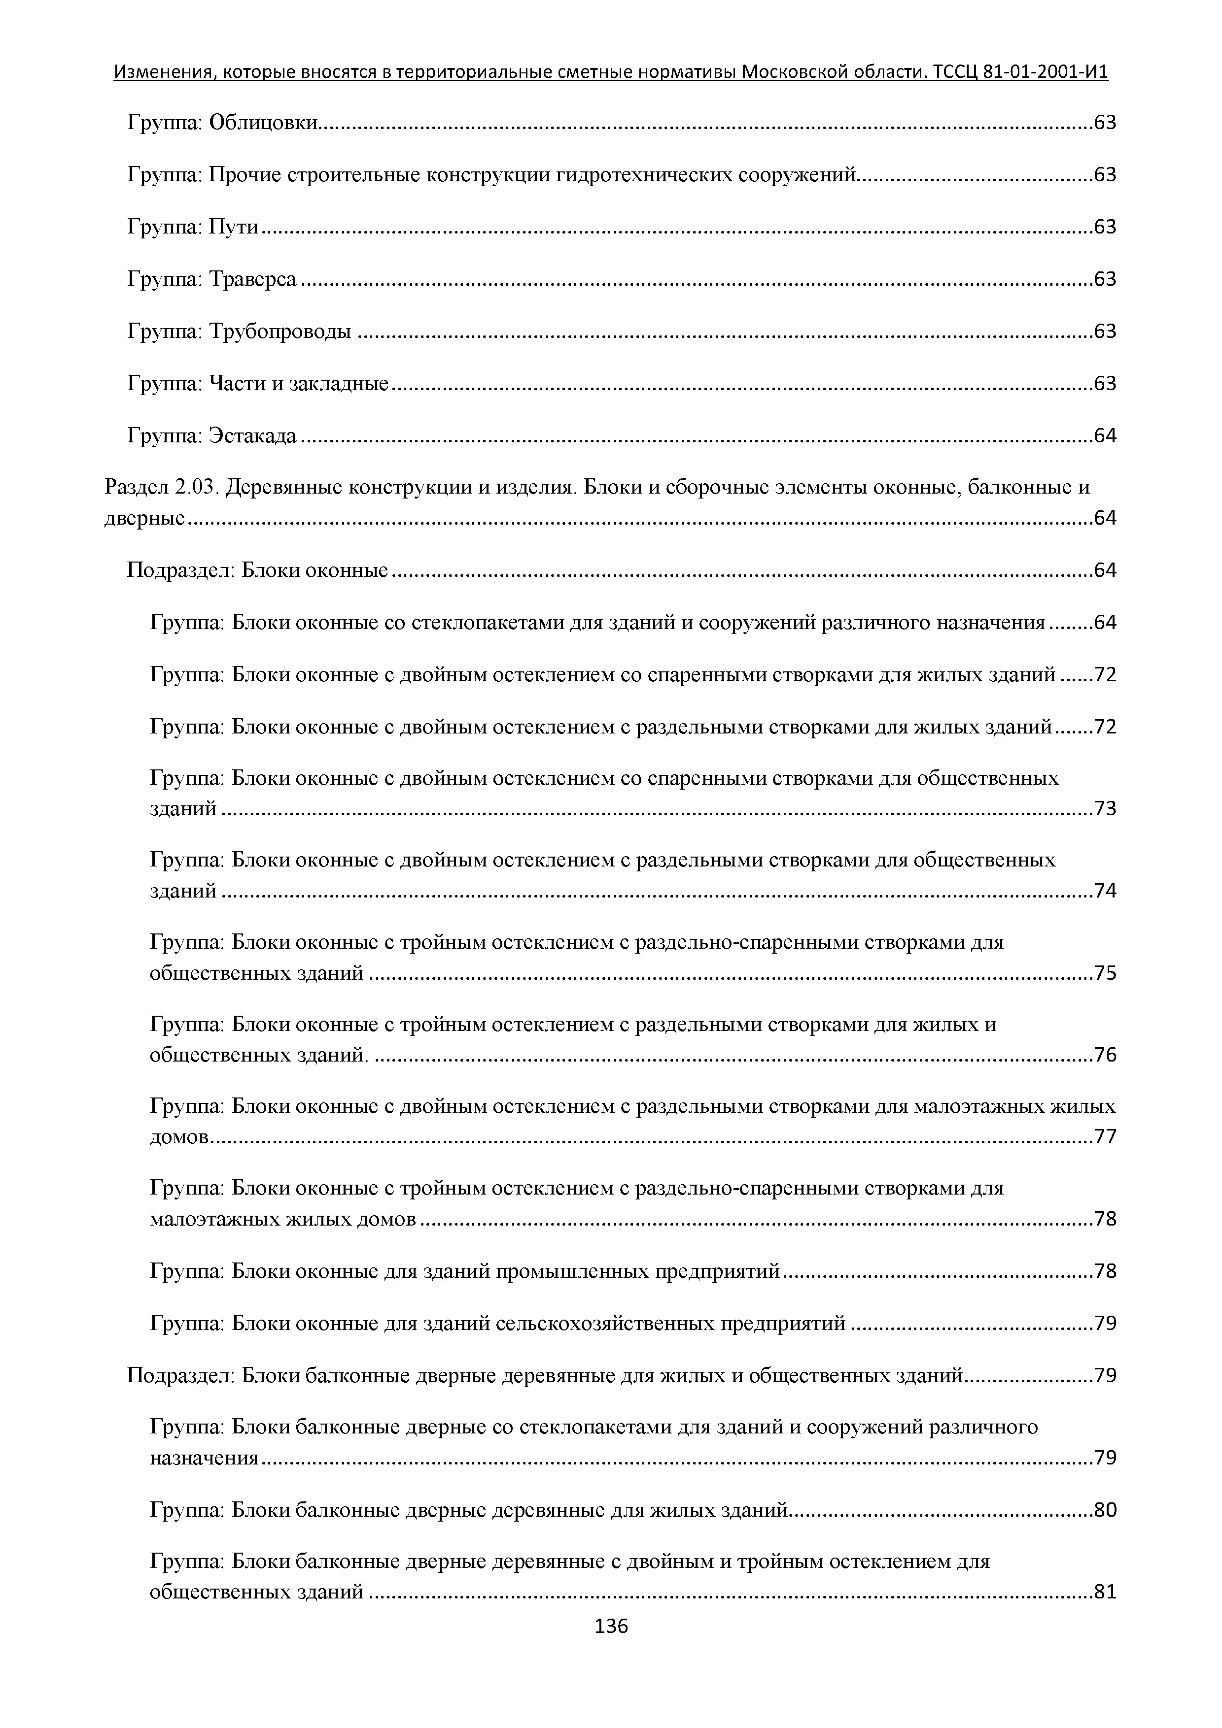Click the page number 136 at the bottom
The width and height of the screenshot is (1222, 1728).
[x=611, y=1627]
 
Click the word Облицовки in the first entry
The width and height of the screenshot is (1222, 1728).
[x=263, y=122]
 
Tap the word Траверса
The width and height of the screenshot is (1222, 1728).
[x=252, y=279]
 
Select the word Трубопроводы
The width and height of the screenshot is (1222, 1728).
[x=279, y=332]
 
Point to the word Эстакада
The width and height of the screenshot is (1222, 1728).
[x=252, y=436]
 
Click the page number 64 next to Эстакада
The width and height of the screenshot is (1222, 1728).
[x=1105, y=436]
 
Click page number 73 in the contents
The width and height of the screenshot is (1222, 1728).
[x=1105, y=809]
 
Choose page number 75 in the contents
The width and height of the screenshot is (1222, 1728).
[x=1105, y=974]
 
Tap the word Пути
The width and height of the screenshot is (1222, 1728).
[x=233, y=227]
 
